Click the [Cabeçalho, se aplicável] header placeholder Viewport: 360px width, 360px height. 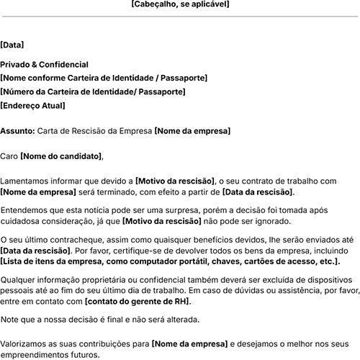tap(180, 4)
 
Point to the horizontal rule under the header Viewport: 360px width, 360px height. tap(180, 16)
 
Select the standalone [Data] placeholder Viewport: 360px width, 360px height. tap(12, 45)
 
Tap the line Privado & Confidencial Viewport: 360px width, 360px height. tap(45, 65)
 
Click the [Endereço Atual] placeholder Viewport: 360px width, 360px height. tap(33, 106)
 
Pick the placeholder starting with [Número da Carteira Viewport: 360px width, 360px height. tap(93, 92)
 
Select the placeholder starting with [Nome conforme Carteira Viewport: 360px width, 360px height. tap(104, 78)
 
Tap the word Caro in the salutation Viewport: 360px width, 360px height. tap(9, 156)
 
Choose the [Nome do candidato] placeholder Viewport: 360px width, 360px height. tap(62, 156)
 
